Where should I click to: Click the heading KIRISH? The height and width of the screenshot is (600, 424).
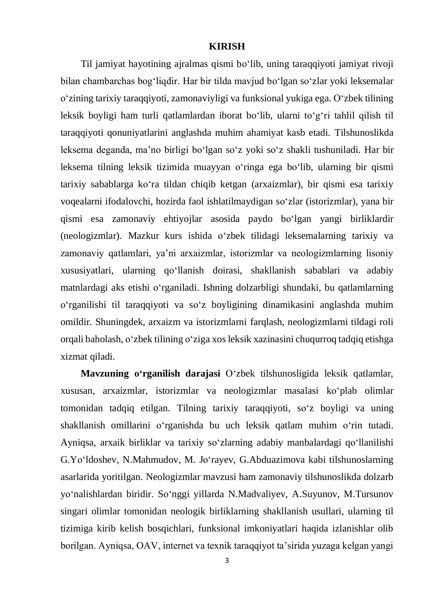pos(227,46)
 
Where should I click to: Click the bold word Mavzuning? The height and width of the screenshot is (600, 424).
pos(105,374)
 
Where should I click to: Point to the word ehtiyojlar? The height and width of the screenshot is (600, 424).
pos(183,219)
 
